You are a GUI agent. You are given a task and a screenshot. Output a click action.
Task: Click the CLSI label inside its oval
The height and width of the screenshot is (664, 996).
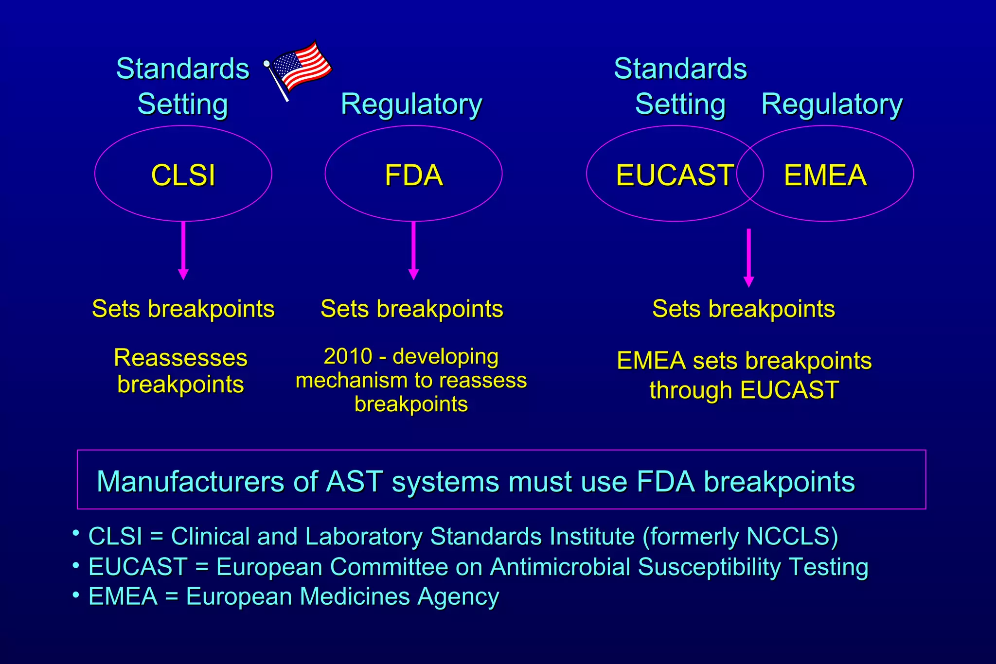(183, 175)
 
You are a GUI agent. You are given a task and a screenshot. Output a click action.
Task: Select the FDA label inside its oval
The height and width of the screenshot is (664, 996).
(413, 175)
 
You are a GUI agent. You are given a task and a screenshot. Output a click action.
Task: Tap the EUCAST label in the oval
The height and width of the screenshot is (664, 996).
(675, 175)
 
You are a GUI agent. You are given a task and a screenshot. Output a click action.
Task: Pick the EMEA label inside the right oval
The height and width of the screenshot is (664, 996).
(825, 175)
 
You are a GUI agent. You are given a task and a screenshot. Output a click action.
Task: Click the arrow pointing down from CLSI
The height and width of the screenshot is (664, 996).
(183, 250)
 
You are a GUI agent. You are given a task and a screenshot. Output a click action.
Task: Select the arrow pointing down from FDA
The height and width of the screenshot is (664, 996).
(413, 250)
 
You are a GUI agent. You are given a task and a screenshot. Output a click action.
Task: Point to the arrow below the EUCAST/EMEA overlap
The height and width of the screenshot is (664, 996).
(748, 258)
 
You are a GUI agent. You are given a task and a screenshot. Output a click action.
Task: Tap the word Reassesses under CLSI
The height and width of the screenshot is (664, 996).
(180, 358)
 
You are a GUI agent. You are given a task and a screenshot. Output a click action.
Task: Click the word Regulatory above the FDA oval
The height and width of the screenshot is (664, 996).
(411, 104)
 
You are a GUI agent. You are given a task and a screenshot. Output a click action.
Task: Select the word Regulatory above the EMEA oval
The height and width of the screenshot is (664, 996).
(832, 104)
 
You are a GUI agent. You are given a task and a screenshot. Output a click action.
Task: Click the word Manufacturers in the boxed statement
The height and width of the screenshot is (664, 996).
(190, 482)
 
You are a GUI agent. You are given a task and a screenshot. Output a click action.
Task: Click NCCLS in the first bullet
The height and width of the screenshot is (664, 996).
(788, 537)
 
